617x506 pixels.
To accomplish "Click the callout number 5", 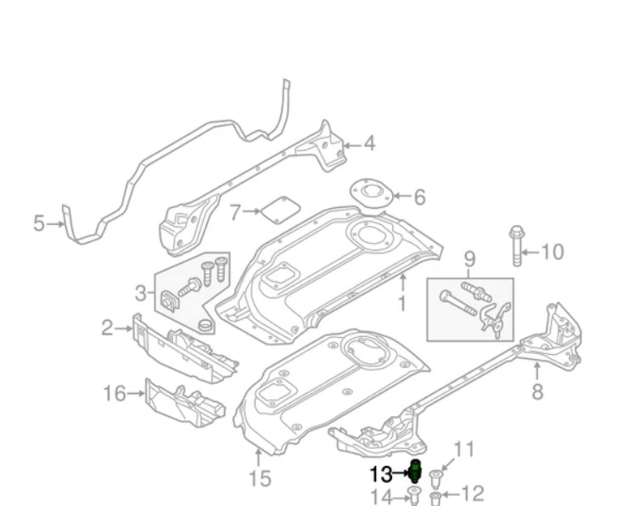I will click(38, 224).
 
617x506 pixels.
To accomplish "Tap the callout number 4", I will click(368, 144).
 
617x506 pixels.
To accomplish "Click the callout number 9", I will click(468, 259).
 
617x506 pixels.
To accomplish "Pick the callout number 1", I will click(402, 302).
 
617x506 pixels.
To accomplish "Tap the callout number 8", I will click(537, 392).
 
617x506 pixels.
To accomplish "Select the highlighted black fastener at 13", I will click(416, 469).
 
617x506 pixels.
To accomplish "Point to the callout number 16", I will click(115, 393).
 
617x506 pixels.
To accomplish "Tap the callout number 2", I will click(107, 328).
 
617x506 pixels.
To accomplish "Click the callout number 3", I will click(141, 294).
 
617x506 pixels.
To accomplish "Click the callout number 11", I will click(464, 450).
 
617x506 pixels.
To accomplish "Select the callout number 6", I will click(418, 198).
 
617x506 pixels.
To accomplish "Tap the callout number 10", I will click(552, 252).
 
